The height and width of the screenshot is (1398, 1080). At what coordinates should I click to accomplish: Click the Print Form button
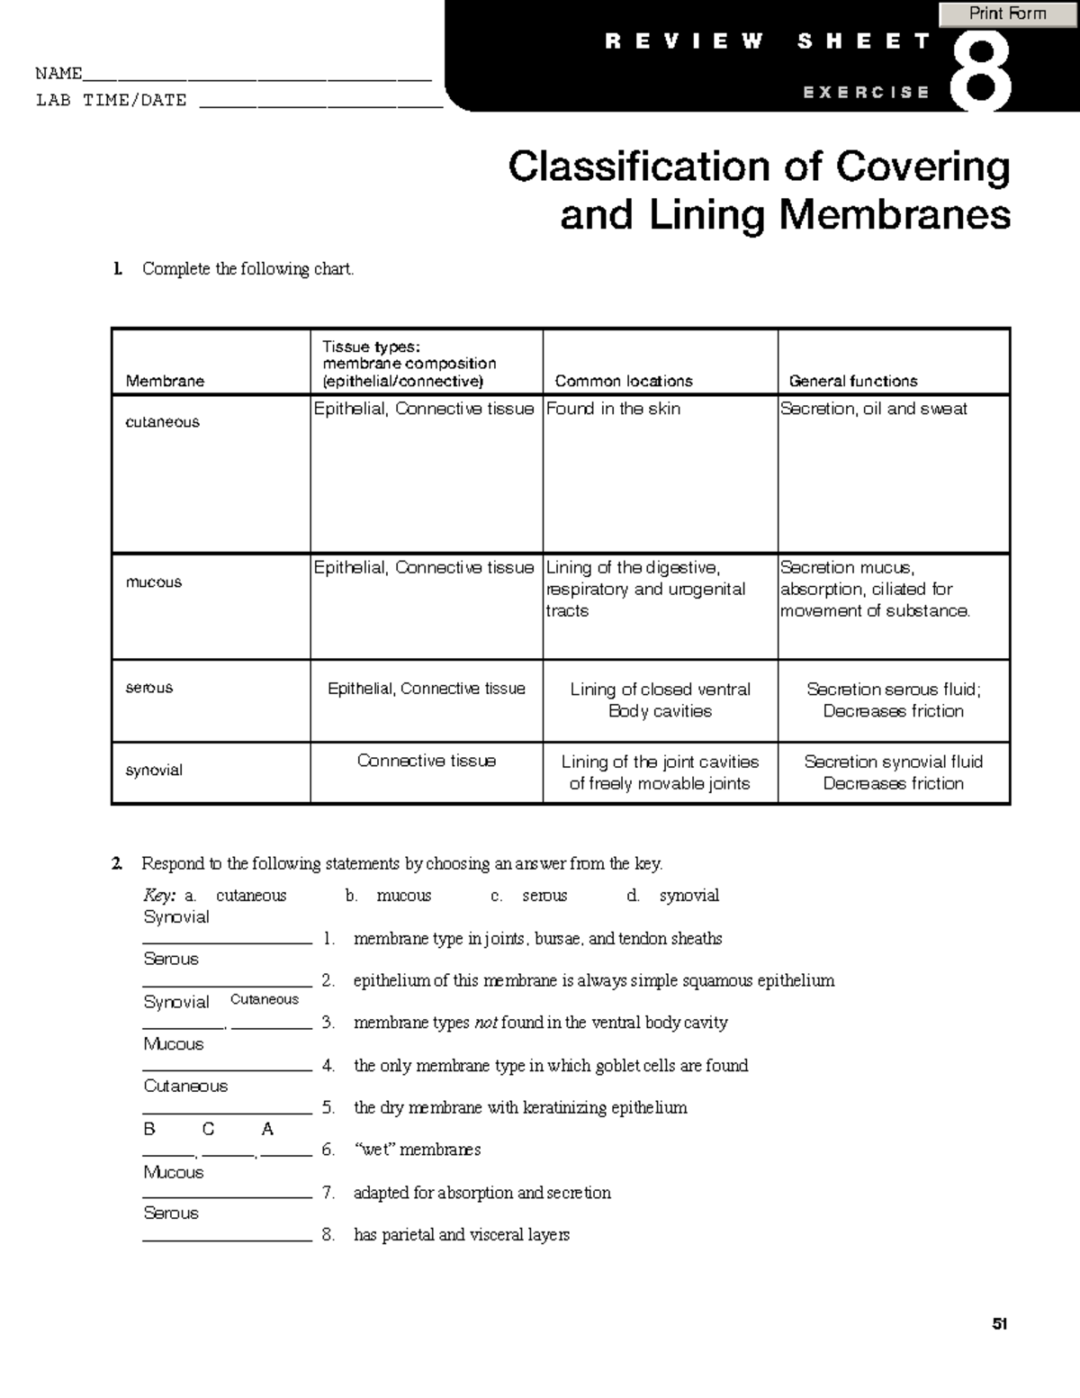(x=1007, y=14)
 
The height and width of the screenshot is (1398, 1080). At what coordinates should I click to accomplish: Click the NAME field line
(x=256, y=76)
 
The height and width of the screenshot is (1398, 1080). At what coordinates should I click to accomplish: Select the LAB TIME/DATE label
(x=111, y=101)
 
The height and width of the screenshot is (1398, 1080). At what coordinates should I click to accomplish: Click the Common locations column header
(x=624, y=381)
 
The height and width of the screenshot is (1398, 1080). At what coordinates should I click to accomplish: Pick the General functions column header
(x=853, y=381)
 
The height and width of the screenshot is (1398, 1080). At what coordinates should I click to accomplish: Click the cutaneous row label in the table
(x=163, y=422)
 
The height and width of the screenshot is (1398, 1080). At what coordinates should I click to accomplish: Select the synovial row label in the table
(x=154, y=771)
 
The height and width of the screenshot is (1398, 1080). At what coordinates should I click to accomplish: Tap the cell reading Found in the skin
(x=614, y=409)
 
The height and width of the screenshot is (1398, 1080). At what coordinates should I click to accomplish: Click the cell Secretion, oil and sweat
(x=874, y=409)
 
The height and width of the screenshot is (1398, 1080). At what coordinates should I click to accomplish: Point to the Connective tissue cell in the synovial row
(x=427, y=761)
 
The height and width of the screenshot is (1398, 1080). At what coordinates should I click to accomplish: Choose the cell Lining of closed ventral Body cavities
(x=660, y=700)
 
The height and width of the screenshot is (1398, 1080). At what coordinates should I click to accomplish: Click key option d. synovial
(x=673, y=896)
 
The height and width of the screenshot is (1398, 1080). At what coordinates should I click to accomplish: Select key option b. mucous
(x=389, y=896)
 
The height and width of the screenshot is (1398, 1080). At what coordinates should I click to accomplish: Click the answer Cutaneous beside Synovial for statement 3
(x=265, y=999)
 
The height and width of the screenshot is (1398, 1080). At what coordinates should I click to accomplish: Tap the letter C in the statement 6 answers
(x=209, y=1129)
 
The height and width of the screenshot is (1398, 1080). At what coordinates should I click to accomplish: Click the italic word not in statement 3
(x=486, y=1023)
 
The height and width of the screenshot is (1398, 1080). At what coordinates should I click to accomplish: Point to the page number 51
(x=999, y=1324)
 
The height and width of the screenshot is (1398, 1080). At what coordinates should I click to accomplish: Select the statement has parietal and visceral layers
(x=462, y=1235)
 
